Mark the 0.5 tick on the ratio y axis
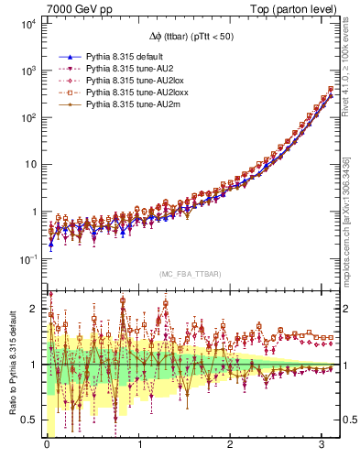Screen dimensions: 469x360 click(x=28, y=420)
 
